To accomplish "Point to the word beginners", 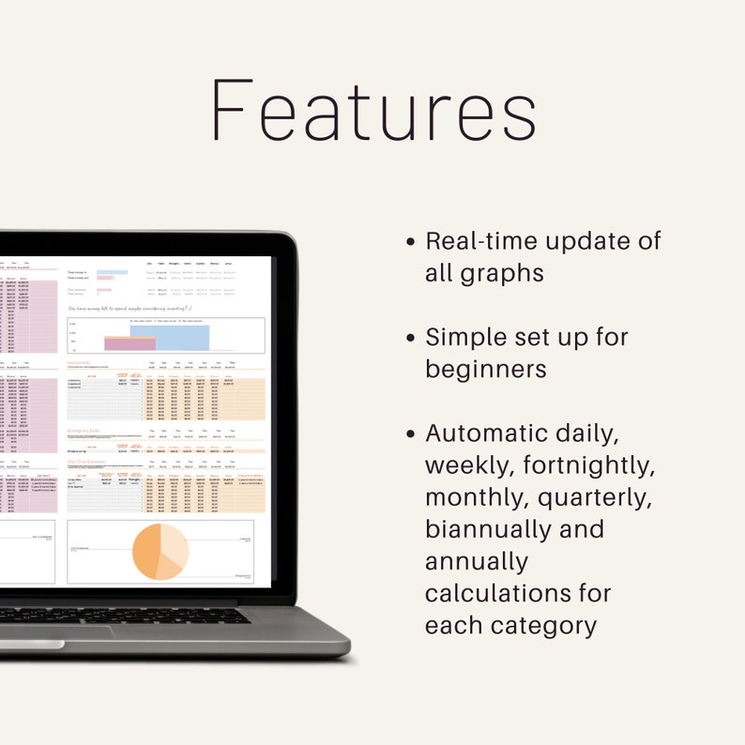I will coord(485,369).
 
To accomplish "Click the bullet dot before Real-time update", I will coord(411,242).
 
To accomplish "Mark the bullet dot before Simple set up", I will coord(411,338).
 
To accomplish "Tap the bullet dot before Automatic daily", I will coord(411,433).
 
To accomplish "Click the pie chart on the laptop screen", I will coord(160,552).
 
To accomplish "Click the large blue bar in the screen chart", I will coord(182,337).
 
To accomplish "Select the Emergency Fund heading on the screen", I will coord(84,431).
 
